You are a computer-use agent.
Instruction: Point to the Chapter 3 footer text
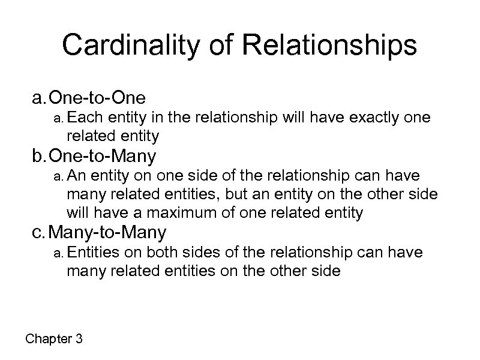54,340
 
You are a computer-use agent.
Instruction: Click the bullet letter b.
38,157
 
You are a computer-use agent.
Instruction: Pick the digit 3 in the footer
79,340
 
